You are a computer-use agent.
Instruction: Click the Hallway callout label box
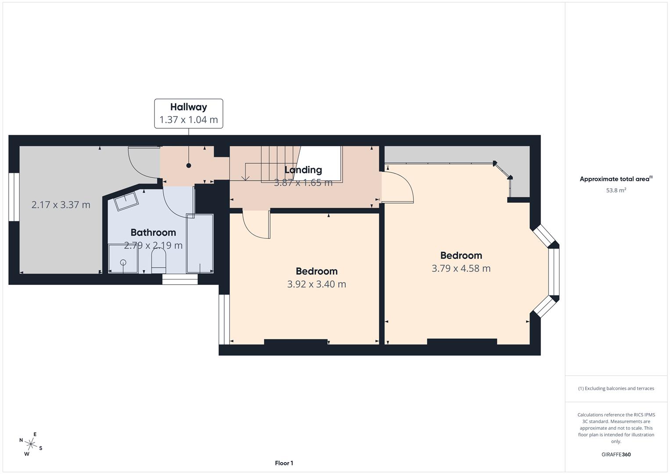click(x=188, y=113)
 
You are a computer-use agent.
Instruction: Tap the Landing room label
click(x=303, y=170)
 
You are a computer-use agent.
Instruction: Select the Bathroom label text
click(x=153, y=233)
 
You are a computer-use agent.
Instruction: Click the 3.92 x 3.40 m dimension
click(x=316, y=284)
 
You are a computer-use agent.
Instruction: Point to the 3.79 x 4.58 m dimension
click(x=461, y=269)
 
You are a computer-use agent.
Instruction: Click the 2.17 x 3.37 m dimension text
click(x=61, y=205)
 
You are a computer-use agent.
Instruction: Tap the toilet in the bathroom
click(x=158, y=261)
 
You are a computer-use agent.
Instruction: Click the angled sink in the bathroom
click(x=126, y=201)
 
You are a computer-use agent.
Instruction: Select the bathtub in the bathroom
click(x=200, y=244)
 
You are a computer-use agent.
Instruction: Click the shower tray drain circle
click(x=123, y=262)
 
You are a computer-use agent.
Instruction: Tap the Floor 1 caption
click(x=284, y=463)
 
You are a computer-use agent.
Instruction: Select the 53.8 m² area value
click(x=616, y=190)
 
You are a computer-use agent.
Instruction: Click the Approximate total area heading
click(x=616, y=179)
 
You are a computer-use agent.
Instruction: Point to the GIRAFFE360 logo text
click(x=616, y=455)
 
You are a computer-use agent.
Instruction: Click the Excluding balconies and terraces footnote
click(x=616, y=388)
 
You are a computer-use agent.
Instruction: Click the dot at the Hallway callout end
click(x=189, y=165)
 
